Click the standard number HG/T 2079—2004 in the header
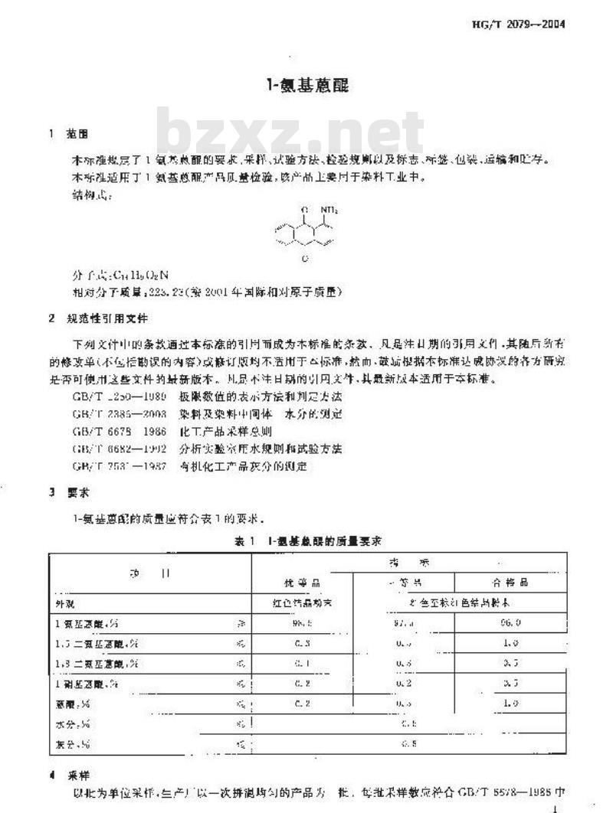pos(528,24)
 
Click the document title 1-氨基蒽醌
pos(306,87)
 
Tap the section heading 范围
pos(78,134)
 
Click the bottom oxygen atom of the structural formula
pos(305,260)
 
